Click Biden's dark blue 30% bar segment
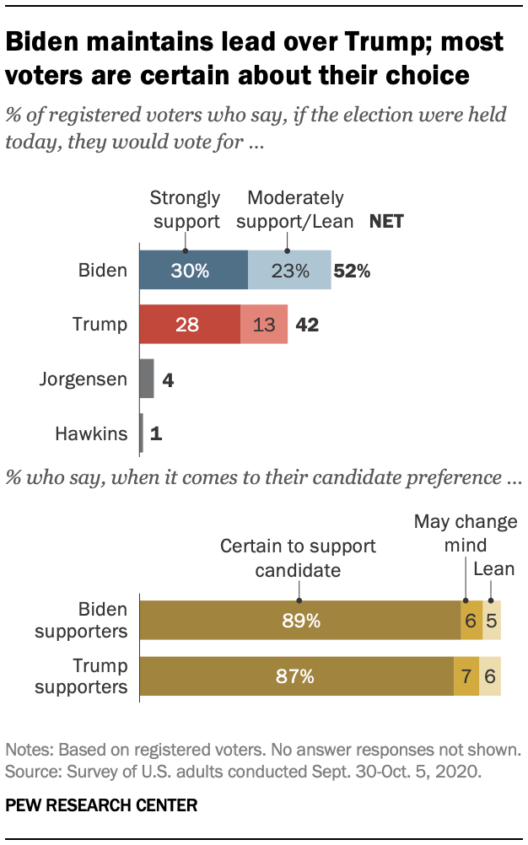(x=193, y=271)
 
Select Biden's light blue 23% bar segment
(x=289, y=271)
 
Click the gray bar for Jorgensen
(x=146, y=379)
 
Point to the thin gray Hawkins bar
(x=141, y=434)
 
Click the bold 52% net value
(x=352, y=272)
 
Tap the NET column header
(x=386, y=222)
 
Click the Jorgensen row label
(x=83, y=379)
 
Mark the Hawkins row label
(x=93, y=434)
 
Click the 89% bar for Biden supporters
(x=299, y=622)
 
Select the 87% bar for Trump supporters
(x=296, y=675)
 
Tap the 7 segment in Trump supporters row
(x=466, y=675)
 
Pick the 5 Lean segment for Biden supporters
(x=492, y=622)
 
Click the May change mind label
(x=465, y=533)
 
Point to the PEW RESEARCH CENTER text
(x=101, y=806)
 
